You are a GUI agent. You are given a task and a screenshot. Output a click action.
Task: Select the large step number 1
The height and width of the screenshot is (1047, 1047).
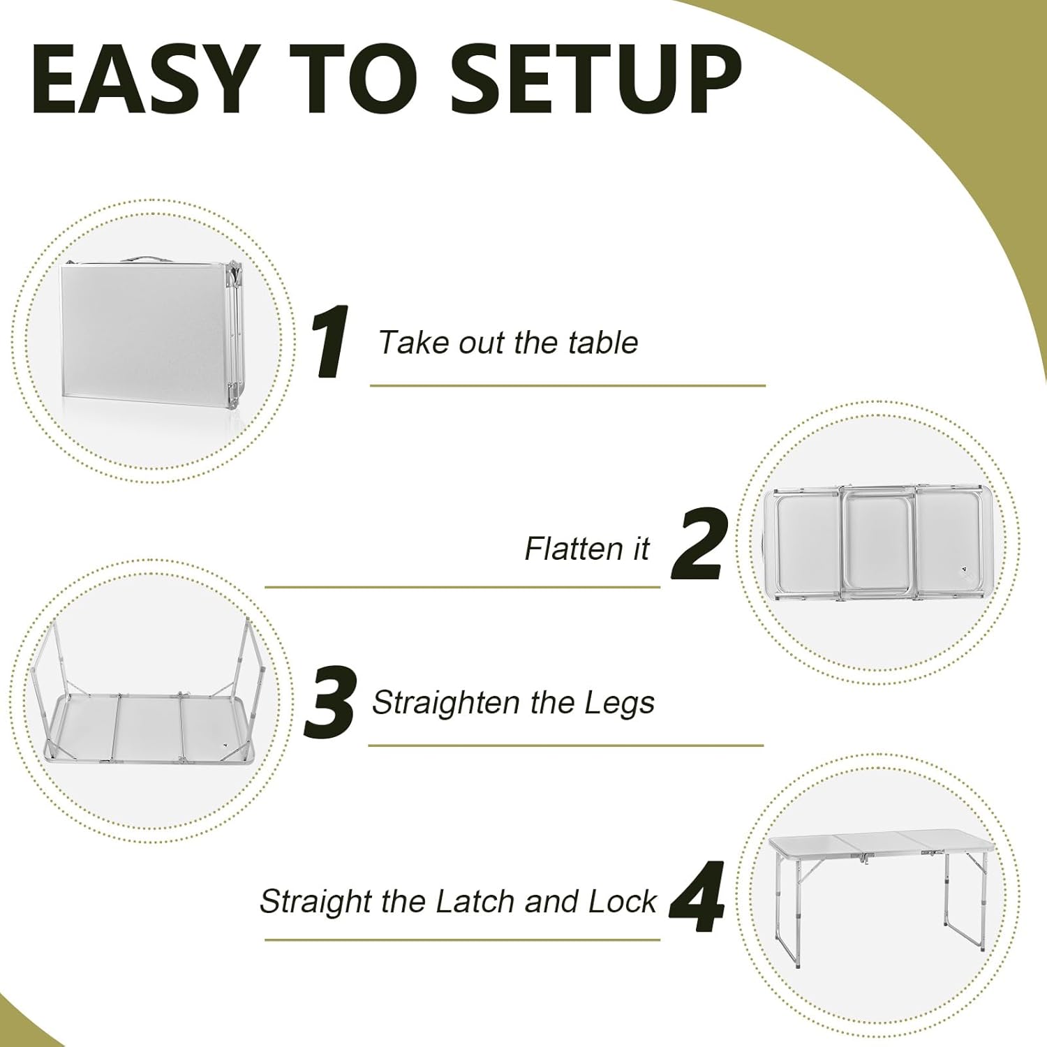point(331,343)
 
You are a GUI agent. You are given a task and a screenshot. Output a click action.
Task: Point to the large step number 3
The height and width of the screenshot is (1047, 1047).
point(331,703)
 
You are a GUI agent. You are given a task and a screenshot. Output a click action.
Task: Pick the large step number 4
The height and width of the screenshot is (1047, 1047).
point(697,898)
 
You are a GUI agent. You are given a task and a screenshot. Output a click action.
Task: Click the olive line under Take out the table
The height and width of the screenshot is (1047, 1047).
point(567,385)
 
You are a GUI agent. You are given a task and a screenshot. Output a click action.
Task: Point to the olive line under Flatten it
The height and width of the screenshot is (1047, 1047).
point(462,587)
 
